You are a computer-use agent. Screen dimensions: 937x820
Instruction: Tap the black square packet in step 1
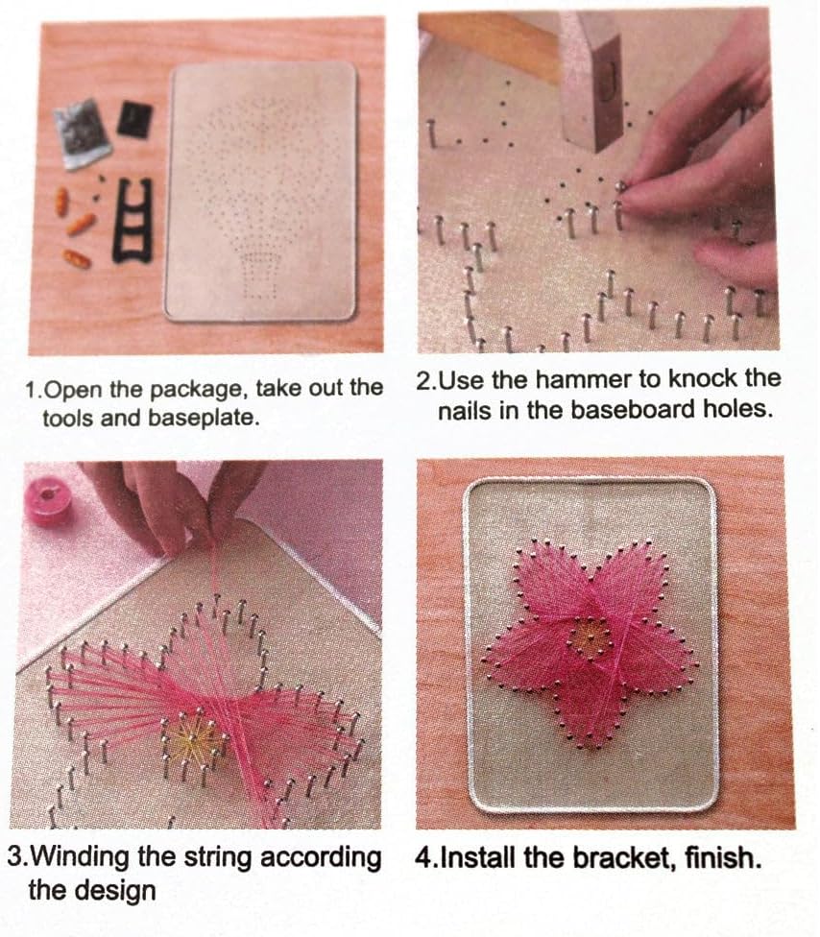click(x=134, y=120)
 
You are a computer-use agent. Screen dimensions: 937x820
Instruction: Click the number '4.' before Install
click(x=424, y=856)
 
